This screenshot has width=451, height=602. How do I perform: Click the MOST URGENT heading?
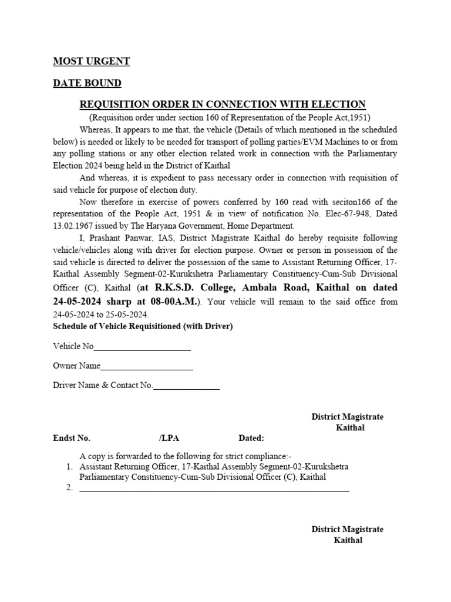point(91,62)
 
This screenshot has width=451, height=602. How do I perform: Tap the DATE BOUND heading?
point(87,83)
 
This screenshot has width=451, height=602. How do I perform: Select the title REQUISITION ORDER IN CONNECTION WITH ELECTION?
point(223,105)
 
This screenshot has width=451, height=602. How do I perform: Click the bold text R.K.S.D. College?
point(189,288)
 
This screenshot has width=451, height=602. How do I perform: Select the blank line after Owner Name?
point(147,366)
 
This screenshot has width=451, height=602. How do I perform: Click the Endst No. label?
point(72,438)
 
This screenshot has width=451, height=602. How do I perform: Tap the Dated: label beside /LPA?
point(251,438)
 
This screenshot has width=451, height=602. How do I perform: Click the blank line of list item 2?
point(214,488)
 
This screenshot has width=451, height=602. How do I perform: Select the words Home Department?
point(265,226)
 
